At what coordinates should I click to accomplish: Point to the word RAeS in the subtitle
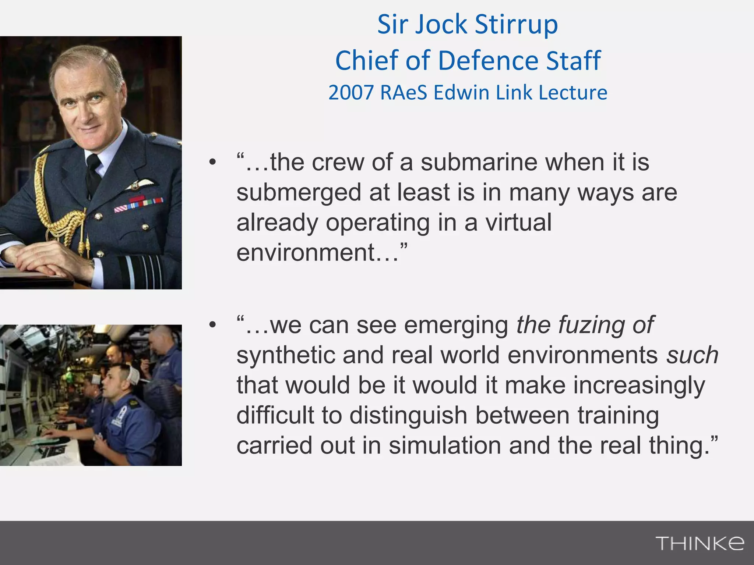pos(403,93)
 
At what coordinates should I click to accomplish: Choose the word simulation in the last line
pos(445,445)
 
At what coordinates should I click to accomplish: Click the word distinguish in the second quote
pos(408,416)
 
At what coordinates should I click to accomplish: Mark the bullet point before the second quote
pos(212,325)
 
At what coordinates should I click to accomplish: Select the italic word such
pos(693,356)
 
